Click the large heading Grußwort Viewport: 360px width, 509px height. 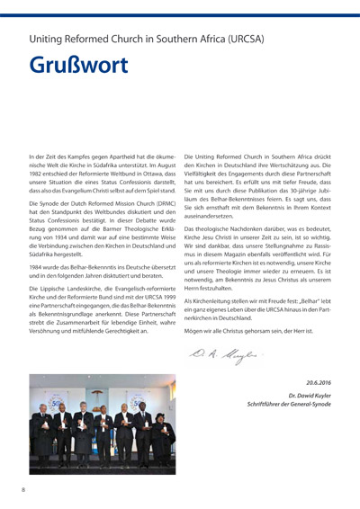(78, 67)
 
